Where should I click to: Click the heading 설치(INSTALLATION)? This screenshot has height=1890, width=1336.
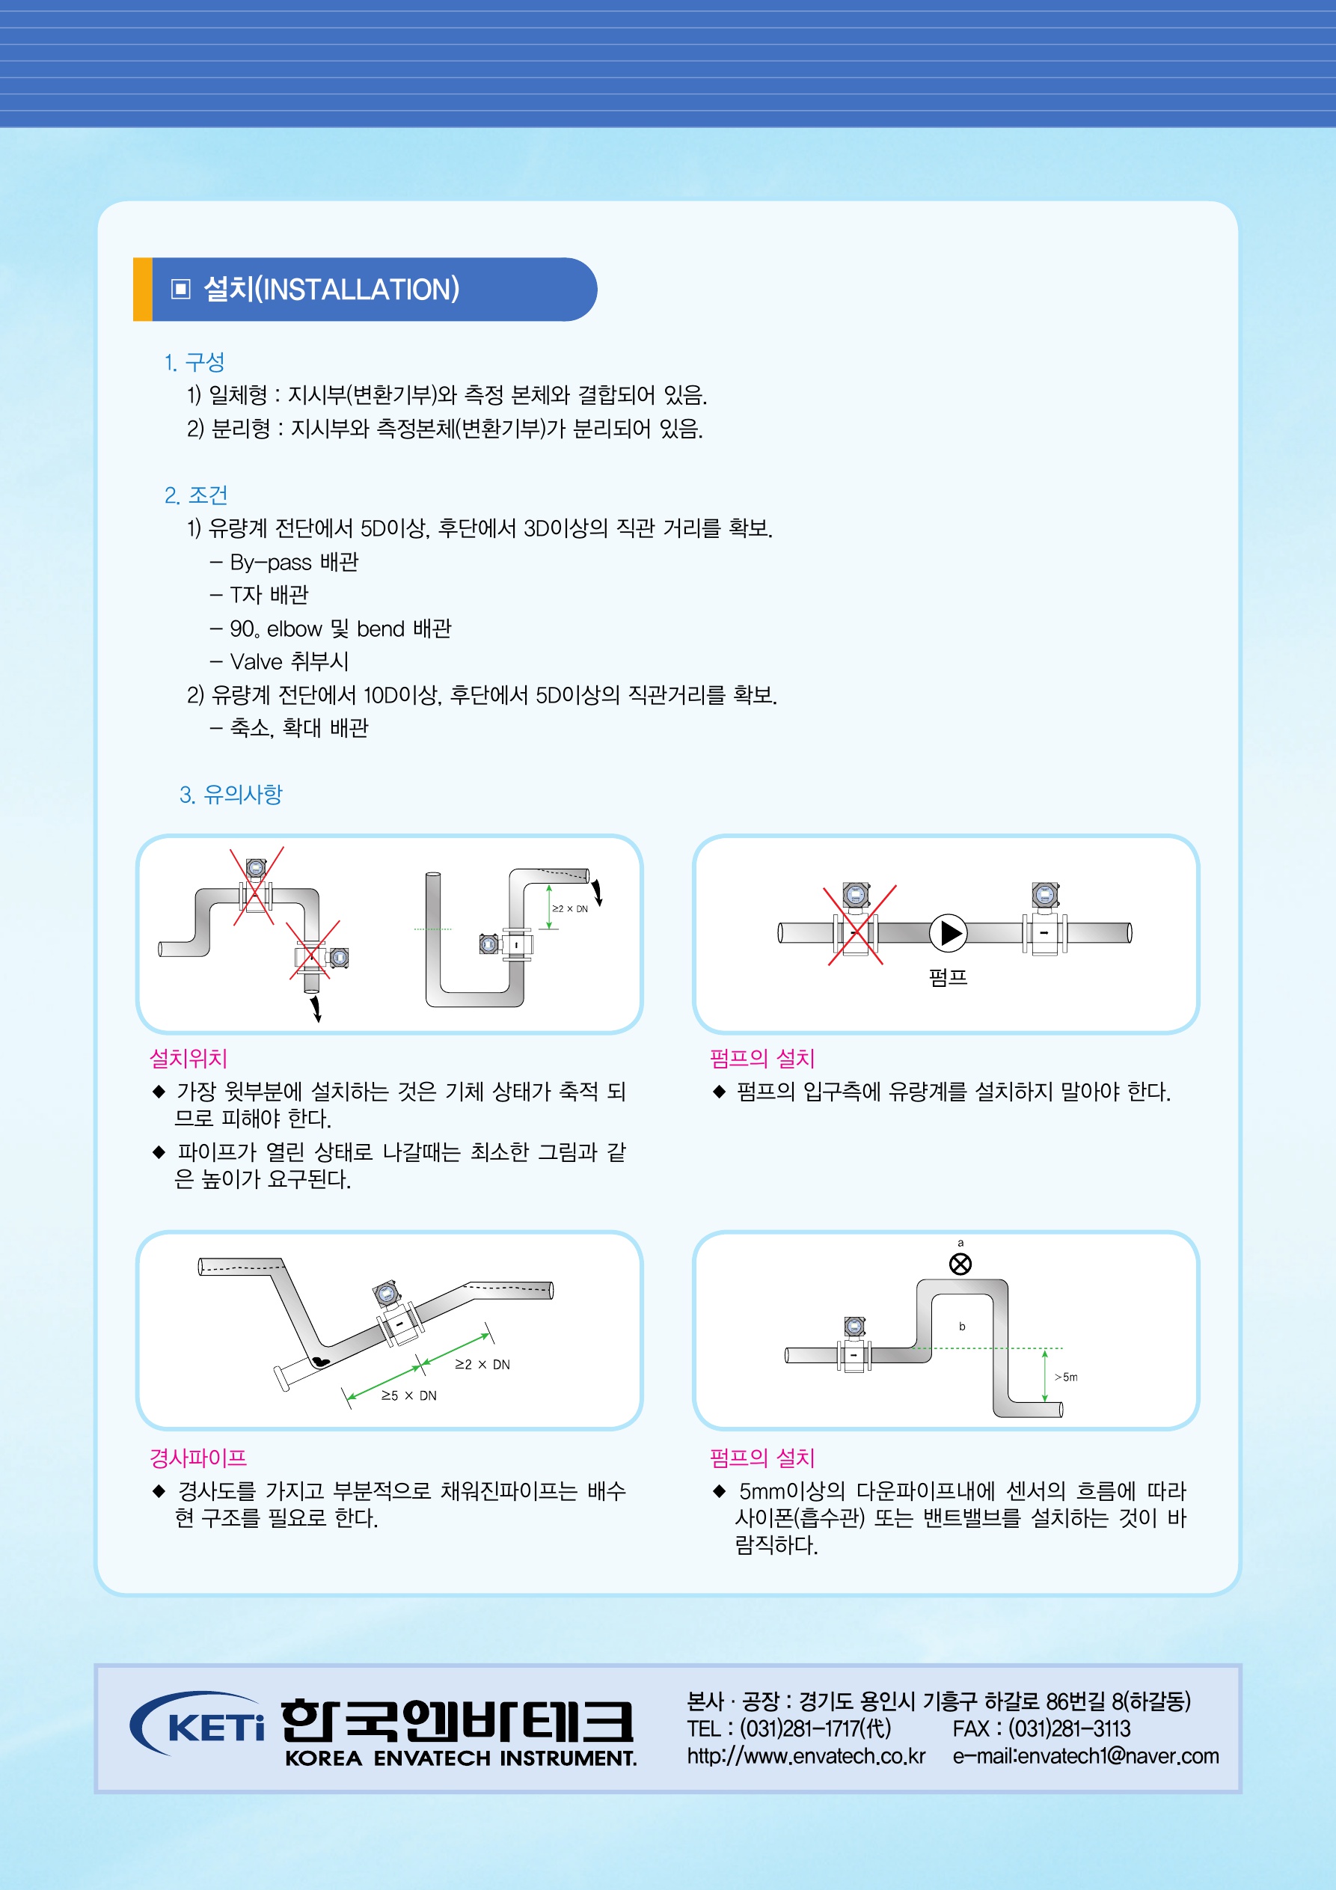click(x=331, y=289)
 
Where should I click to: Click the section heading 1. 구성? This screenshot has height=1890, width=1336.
click(x=194, y=362)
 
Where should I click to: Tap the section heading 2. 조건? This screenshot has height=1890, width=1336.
click(x=196, y=495)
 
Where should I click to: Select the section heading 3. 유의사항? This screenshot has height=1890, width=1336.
click(x=230, y=795)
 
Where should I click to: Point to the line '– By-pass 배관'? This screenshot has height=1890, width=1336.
click(x=284, y=562)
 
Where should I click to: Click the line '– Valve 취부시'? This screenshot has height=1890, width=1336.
click(x=279, y=662)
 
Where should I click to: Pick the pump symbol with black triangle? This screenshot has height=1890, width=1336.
click(x=949, y=932)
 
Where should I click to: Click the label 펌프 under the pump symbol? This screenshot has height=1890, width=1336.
click(x=949, y=977)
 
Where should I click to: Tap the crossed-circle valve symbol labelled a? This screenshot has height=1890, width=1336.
click(x=960, y=1264)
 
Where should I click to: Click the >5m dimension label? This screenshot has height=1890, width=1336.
click(x=1066, y=1377)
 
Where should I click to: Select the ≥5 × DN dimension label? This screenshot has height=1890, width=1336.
click(x=409, y=1395)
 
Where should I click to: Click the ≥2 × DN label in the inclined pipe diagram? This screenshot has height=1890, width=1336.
click(x=482, y=1364)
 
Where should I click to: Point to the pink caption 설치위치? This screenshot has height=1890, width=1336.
click(x=189, y=1059)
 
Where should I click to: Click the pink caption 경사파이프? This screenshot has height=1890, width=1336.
click(x=198, y=1458)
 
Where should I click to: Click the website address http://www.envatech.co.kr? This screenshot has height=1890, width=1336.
click(x=806, y=1756)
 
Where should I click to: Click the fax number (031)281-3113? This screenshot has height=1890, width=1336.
click(x=1069, y=1728)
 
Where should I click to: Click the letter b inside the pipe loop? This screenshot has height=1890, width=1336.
click(x=961, y=1326)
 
